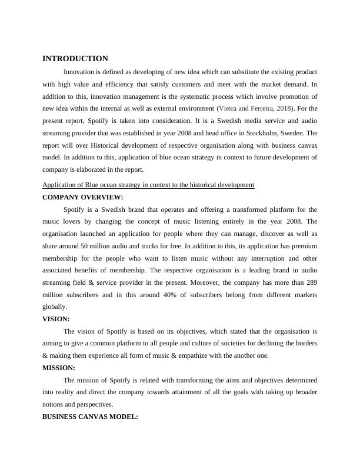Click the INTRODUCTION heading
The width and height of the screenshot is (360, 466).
pyautogui.click(x=75, y=59)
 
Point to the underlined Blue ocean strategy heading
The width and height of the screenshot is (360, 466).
pyautogui.click(x=148, y=185)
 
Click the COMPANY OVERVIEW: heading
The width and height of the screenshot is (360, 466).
pyautogui.click(x=83, y=197)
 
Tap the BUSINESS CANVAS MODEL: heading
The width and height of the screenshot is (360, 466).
pyautogui.click(x=90, y=417)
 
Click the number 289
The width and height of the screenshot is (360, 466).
pyautogui.click(x=311, y=283)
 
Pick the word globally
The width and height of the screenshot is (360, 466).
pyautogui.click(x=55, y=307)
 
